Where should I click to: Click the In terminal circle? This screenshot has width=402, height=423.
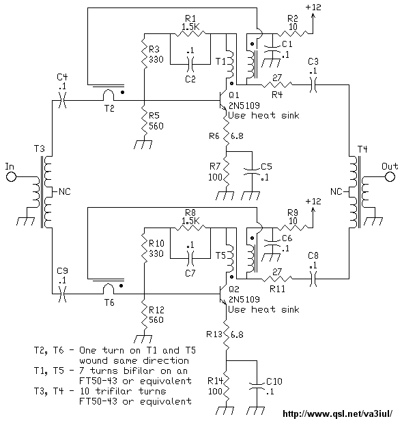coord(12,177)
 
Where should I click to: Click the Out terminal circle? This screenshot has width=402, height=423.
coord(390,177)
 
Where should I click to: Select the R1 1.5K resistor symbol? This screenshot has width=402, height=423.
coord(190,34)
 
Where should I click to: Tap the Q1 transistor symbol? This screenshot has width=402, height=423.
coord(223,99)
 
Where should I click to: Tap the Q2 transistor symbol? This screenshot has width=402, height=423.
coord(223,294)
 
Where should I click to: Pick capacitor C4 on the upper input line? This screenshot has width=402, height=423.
coord(62,101)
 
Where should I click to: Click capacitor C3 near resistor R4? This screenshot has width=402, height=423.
coord(313,84)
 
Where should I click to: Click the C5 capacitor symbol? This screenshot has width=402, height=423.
coord(252,172)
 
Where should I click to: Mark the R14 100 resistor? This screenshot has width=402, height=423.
coord(226,387)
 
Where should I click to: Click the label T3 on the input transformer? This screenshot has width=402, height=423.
coord(39,149)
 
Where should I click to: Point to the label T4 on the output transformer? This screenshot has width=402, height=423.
coord(362,149)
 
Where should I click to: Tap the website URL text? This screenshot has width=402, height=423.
coord(337,413)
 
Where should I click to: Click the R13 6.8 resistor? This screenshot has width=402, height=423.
coord(226,334)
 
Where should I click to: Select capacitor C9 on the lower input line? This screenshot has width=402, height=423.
coord(62,294)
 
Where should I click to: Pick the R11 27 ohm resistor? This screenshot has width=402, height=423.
coord(277,279)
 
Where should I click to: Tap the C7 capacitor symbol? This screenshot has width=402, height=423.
coord(190,258)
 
